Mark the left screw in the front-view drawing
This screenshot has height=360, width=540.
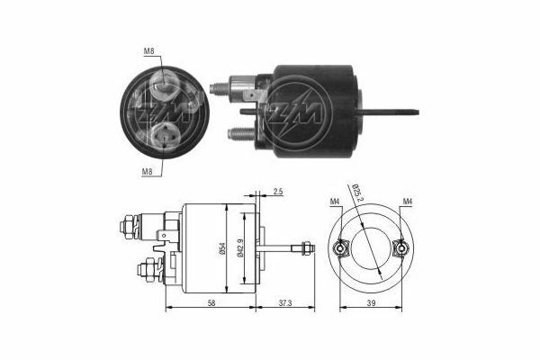[x=342, y=249]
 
